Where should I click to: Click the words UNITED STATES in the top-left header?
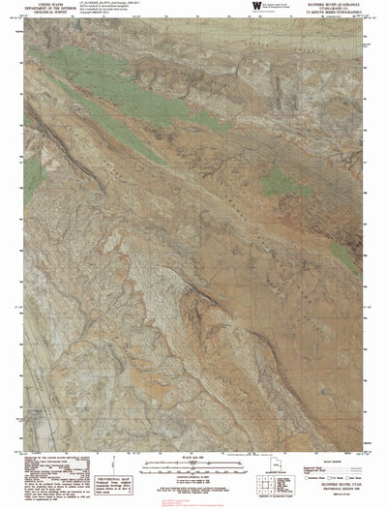pyautogui.click(x=46, y=5)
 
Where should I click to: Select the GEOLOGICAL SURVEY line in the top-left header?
pyautogui.click(x=46, y=14)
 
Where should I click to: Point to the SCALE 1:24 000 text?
pyautogui.click(x=193, y=457)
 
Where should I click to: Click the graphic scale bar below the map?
pyautogui.click(x=193, y=465)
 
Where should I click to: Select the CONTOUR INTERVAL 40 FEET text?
pyautogui.click(x=193, y=473)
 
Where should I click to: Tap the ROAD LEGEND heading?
pyautogui.click(x=329, y=461)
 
